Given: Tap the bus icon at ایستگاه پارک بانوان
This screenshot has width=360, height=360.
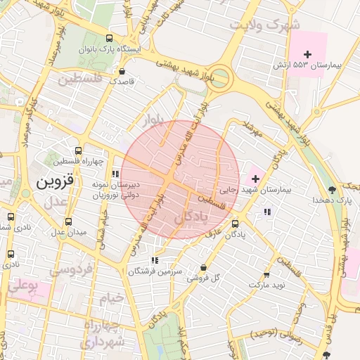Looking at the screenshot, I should pos(108,38).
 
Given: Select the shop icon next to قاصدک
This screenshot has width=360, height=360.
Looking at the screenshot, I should pos(123,71).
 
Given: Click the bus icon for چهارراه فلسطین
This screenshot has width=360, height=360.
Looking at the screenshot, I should pos(78,150).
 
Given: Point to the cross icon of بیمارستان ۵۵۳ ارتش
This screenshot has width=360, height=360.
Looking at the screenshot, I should pos(307,54).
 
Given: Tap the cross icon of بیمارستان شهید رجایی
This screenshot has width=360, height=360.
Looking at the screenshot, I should pos(255,179).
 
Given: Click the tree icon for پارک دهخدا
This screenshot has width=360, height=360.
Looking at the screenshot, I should pos(332,189).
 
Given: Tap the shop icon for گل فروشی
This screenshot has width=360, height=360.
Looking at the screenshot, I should pos(203,267).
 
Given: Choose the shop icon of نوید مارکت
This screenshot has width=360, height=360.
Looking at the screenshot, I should pos(266,274).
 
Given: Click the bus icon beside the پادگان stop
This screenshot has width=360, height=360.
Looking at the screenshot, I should pos(235,224).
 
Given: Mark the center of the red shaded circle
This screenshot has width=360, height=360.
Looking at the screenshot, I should pos(181,179).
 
